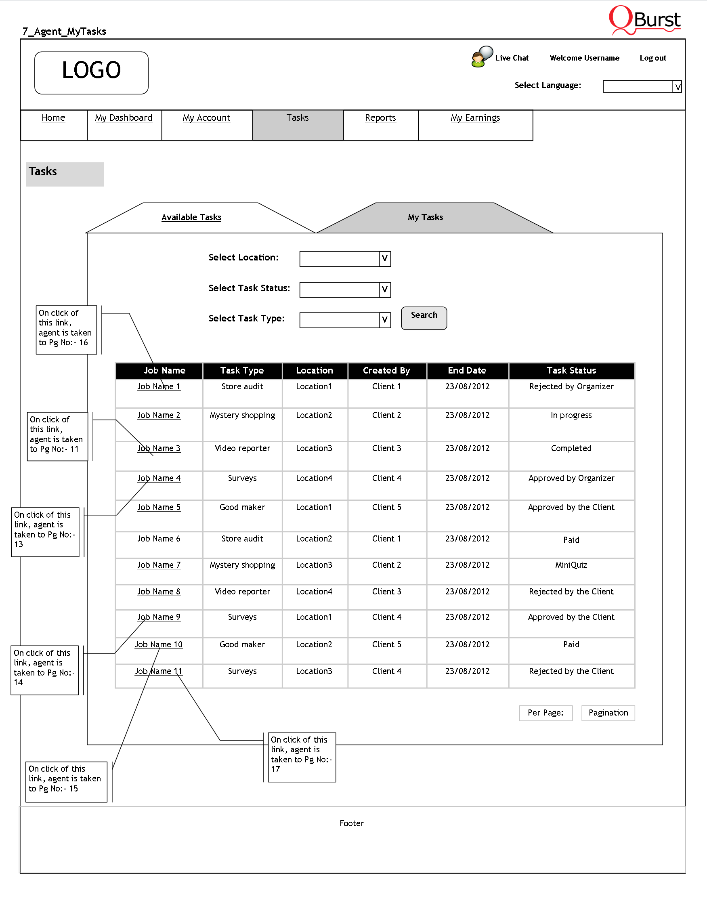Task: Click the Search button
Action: [424, 318]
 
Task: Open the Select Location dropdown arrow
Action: [384, 258]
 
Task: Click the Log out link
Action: [652, 58]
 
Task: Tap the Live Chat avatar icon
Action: [481, 57]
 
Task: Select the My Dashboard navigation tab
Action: [124, 118]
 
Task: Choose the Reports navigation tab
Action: [380, 118]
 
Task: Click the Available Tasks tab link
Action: [191, 217]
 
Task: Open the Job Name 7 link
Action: [159, 565]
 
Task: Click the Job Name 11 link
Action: [158, 671]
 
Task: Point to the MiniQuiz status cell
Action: [571, 565]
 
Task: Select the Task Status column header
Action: [571, 370]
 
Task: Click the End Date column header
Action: [467, 370]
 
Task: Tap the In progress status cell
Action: [571, 415]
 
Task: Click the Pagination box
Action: [608, 713]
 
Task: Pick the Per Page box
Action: [545, 713]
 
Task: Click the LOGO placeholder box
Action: [91, 72]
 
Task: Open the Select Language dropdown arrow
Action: [677, 87]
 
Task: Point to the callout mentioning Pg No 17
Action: [302, 757]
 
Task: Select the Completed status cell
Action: [571, 448]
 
